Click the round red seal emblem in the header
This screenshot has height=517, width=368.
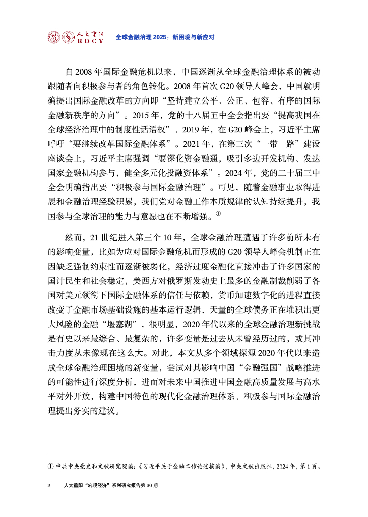click(53, 37)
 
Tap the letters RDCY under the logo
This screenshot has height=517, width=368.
click(90, 41)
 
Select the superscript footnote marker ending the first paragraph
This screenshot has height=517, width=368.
click(218, 214)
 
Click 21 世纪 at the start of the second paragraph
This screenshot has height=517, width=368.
click(104, 237)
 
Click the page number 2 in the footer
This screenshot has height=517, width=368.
click(49, 485)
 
